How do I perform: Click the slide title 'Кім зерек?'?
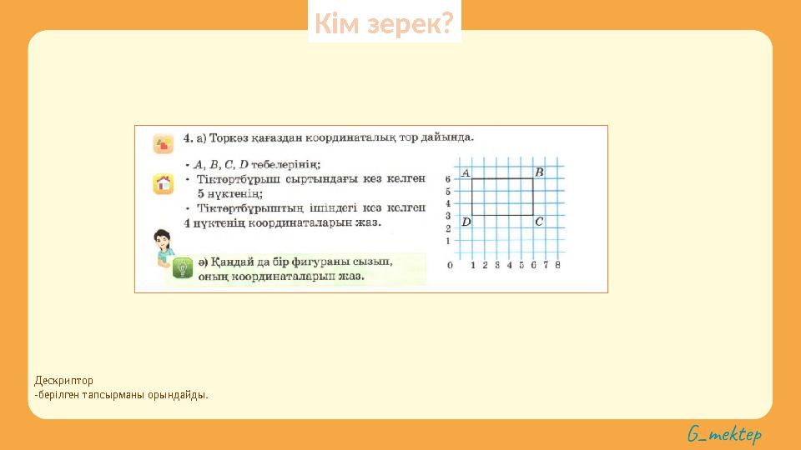coord(385,25)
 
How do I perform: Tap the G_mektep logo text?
coord(724,434)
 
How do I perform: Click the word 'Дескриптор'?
coord(64,381)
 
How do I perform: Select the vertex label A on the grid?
coord(465,172)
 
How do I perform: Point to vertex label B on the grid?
coord(539,172)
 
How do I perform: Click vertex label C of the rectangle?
coord(539,222)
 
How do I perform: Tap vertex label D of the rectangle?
coord(466,222)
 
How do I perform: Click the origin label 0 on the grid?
coord(451,266)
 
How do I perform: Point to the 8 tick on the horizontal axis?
coord(557,266)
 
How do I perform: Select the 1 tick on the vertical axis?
coord(448,241)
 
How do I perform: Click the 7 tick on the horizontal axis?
coord(546,266)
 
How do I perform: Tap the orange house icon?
coord(163,183)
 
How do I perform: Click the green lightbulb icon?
coord(182,268)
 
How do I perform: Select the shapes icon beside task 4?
coord(163,143)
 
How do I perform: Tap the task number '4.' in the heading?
coord(189,137)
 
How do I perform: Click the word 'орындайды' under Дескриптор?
coord(177,394)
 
